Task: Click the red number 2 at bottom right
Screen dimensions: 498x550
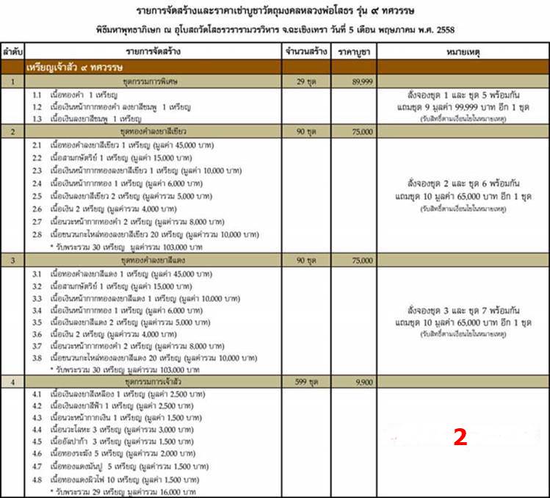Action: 460,438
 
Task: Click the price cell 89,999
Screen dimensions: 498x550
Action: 361,82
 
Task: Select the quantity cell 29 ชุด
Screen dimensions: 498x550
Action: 306,82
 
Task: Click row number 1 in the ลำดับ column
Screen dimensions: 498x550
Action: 12,82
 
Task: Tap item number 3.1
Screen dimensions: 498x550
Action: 38,273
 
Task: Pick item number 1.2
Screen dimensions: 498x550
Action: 37,107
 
